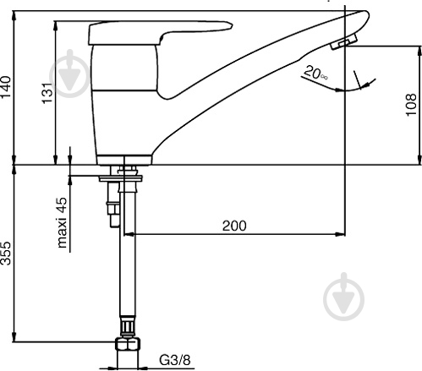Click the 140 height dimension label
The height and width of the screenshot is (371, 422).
coord(6,86)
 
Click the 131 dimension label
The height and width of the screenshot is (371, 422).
coord(47,93)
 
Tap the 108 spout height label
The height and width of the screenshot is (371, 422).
coord(411,104)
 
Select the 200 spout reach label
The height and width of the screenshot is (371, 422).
coord(234,226)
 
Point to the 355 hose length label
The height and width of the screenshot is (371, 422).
coord(6,253)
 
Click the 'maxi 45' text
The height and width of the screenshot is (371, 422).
coord(63,222)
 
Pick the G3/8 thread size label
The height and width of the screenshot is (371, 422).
coord(175,360)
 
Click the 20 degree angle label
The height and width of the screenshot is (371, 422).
coord(315,73)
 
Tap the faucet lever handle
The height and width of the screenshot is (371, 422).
coord(160,32)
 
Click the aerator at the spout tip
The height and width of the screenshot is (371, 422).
coord(344,41)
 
